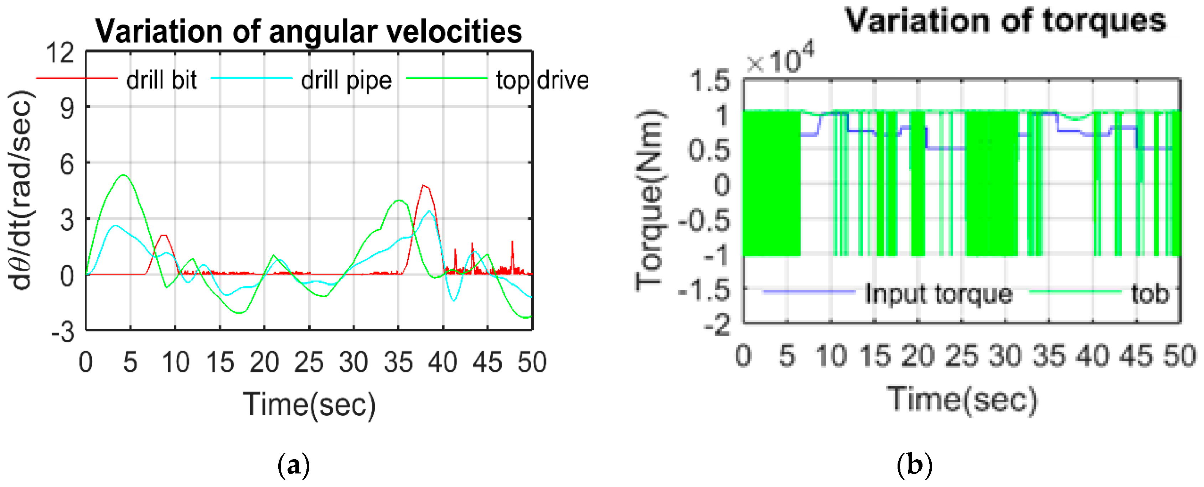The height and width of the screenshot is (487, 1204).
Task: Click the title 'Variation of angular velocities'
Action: click(x=309, y=31)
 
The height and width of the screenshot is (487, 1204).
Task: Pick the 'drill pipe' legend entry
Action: click(x=346, y=80)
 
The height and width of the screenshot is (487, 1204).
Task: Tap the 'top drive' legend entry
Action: click(x=542, y=80)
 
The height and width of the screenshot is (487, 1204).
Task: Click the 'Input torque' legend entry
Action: click(x=939, y=294)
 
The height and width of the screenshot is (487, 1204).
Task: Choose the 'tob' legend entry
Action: click(x=1150, y=294)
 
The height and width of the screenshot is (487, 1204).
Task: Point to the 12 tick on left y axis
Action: click(x=60, y=52)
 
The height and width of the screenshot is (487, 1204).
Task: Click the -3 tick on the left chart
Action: click(x=63, y=332)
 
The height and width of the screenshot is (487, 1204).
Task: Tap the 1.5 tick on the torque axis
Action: click(x=709, y=80)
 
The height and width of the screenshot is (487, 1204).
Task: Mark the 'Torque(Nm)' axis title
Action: click(x=650, y=201)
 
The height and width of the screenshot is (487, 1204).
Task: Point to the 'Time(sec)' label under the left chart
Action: click(x=309, y=404)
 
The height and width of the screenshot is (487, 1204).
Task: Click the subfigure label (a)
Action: click(x=294, y=466)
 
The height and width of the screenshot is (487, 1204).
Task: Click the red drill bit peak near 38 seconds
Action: click(x=423, y=185)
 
